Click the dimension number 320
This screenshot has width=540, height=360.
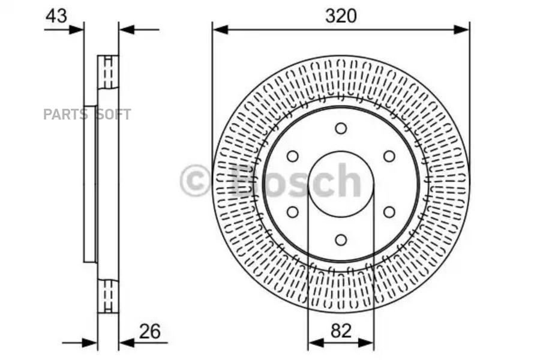coord(341,16)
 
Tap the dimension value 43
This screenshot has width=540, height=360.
coord(56,16)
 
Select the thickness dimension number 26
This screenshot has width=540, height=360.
coord(150,331)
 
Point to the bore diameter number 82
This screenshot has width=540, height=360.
coord(341,331)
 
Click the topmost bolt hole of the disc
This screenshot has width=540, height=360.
coord(341,128)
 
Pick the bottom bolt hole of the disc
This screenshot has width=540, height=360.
coord(341,240)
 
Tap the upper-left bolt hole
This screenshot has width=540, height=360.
coord(293,157)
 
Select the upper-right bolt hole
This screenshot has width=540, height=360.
coord(389,157)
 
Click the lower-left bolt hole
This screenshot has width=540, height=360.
coord(293,212)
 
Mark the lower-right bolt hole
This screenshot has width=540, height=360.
coord(389,212)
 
